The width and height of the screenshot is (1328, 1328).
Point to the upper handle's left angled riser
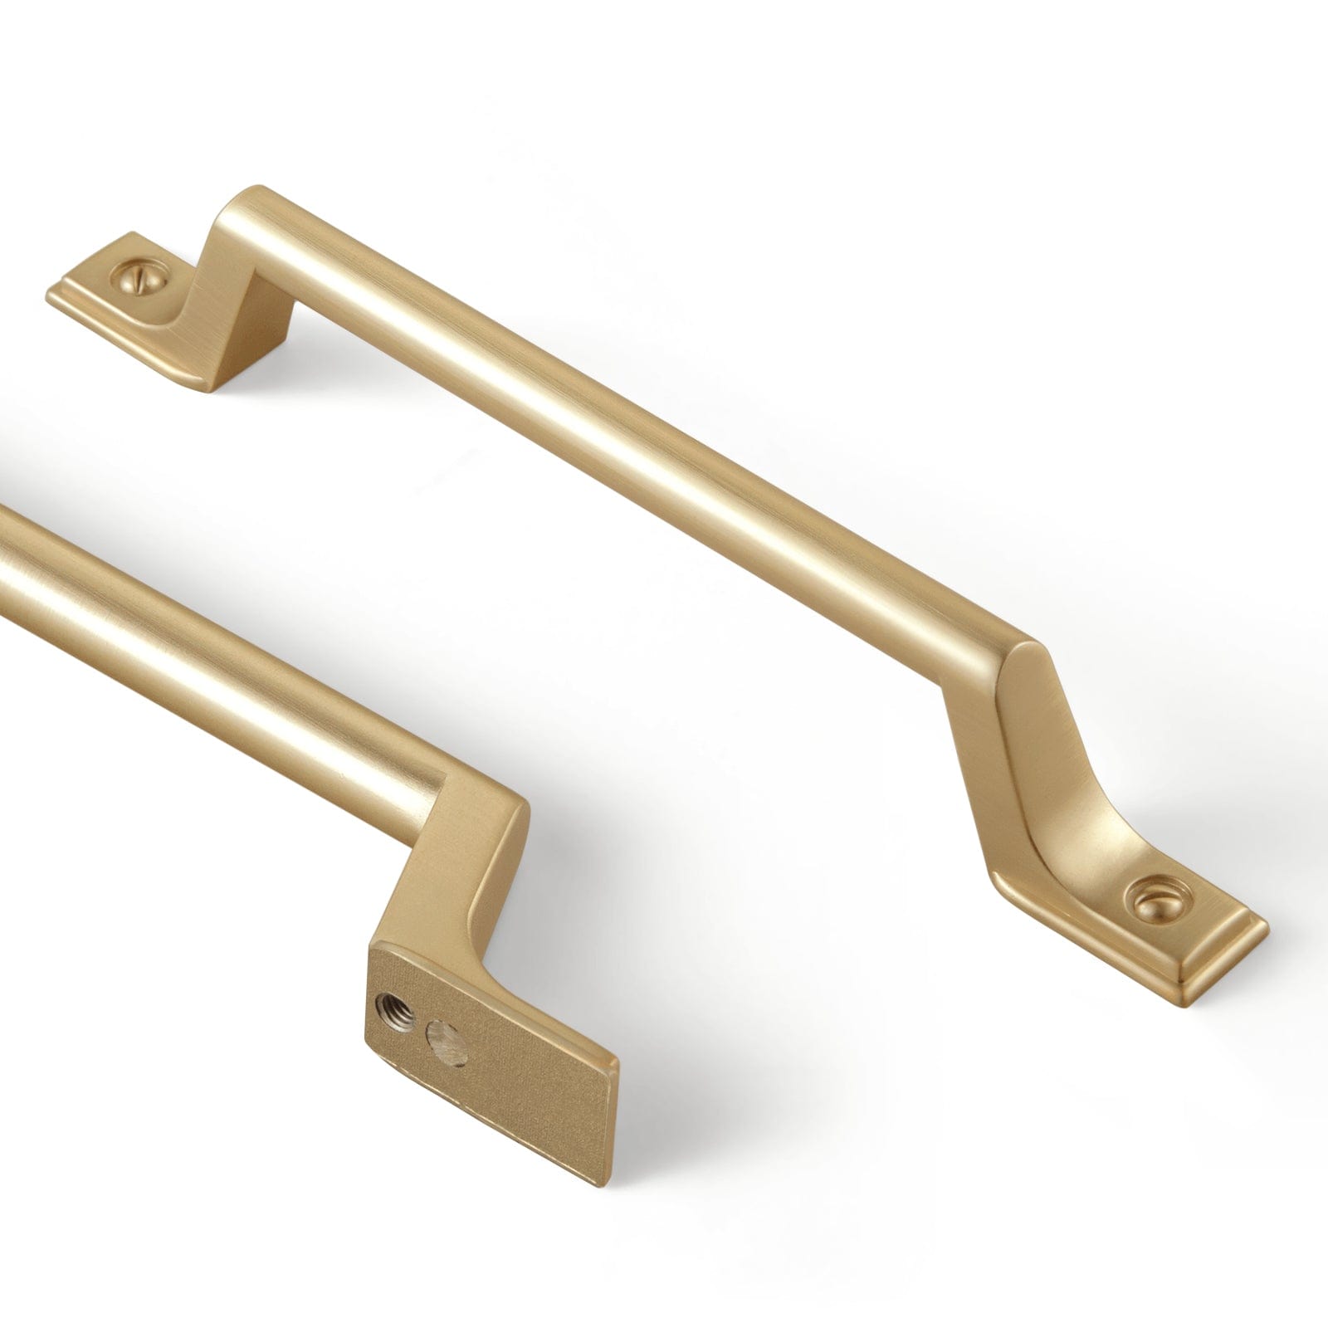click(x=241, y=282)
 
